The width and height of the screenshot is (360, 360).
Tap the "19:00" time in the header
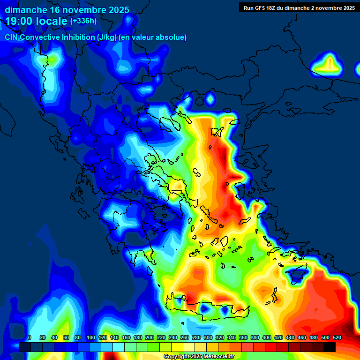(19, 21)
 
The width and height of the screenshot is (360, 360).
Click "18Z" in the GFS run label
(276, 7)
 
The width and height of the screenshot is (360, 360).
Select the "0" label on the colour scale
(30, 337)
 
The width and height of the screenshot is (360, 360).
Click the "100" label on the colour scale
(91, 337)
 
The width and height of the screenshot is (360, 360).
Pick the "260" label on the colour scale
(185, 337)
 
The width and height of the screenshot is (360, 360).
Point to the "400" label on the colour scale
(267, 337)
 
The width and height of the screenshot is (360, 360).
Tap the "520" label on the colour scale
(337, 337)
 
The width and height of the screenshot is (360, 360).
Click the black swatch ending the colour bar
(330, 347)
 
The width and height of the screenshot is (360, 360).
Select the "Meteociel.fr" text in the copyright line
(217, 357)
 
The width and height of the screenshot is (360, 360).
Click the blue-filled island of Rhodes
(297, 274)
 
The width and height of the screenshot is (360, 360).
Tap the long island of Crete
(211, 310)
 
